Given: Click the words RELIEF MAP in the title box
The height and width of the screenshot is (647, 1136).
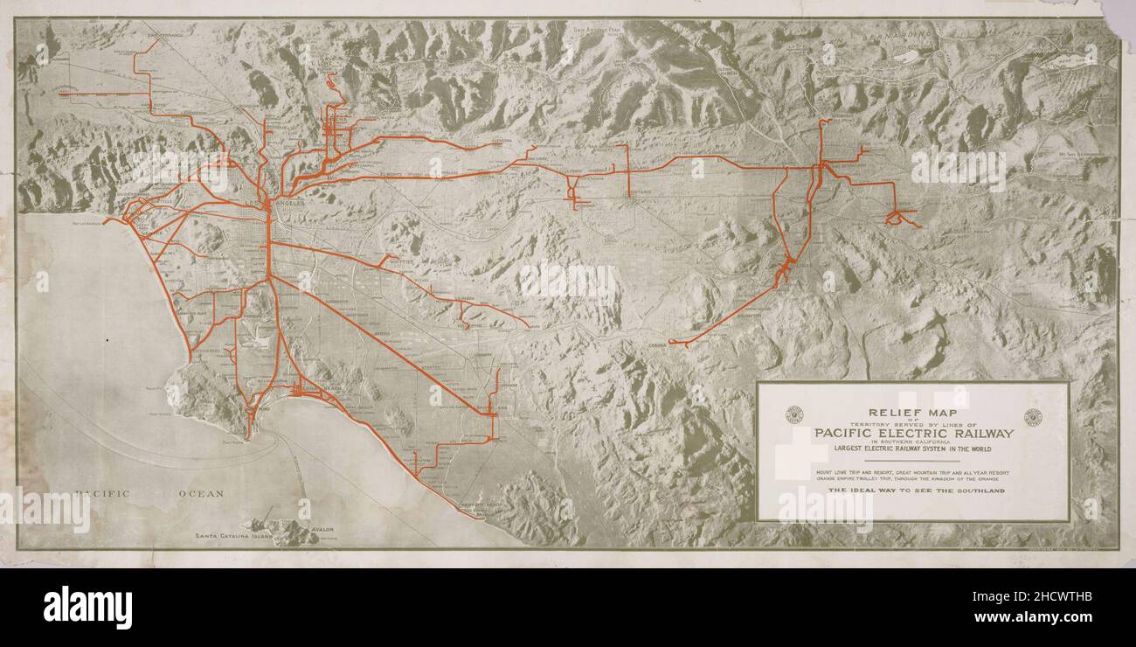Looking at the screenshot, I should pyautogui.click(x=912, y=412).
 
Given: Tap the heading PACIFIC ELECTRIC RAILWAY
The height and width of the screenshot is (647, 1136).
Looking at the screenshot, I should pyautogui.click(x=914, y=433).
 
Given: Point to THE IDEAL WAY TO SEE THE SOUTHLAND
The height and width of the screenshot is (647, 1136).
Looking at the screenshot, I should pyautogui.click(x=914, y=491).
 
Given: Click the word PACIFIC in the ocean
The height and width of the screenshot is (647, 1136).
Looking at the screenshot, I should pyautogui.click(x=102, y=494).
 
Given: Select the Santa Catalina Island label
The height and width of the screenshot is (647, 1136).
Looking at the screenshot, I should pyautogui.click(x=224, y=534).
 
